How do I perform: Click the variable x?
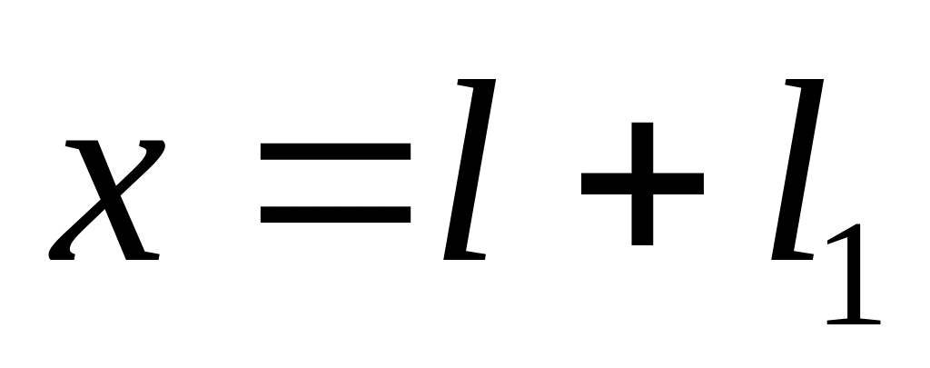[107, 200]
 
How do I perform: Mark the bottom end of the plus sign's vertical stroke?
[642, 243]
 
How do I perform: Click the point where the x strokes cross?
[107, 202]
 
